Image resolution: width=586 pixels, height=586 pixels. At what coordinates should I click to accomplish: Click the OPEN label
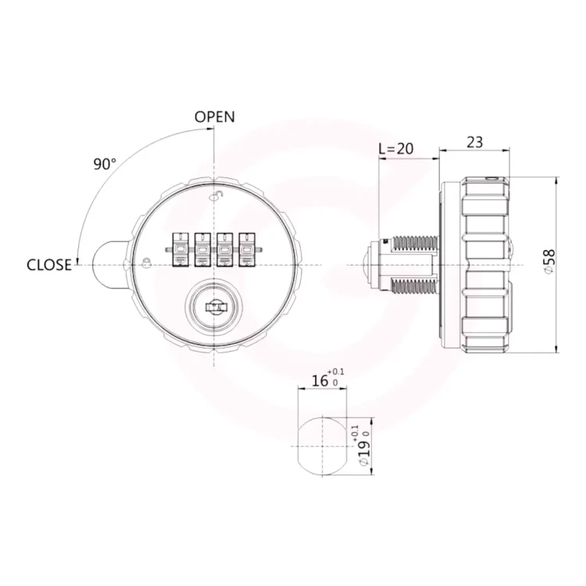[x=215, y=117]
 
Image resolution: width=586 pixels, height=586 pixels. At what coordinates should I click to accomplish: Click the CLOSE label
[x=49, y=265]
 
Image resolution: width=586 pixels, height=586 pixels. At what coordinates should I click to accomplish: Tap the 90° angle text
[x=105, y=164]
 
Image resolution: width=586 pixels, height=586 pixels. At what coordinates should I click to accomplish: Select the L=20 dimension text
[x=396, y=148]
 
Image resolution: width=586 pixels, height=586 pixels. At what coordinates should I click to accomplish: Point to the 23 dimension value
[x=474, y=142]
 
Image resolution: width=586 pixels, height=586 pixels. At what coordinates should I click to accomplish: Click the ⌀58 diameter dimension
[x=550, y=262]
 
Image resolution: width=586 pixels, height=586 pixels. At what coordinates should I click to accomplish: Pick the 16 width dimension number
[x=320, y=381]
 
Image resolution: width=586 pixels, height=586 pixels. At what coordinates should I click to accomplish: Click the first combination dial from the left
[x=180, y=250]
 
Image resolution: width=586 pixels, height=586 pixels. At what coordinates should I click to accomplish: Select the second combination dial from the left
[x=202, y=250]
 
